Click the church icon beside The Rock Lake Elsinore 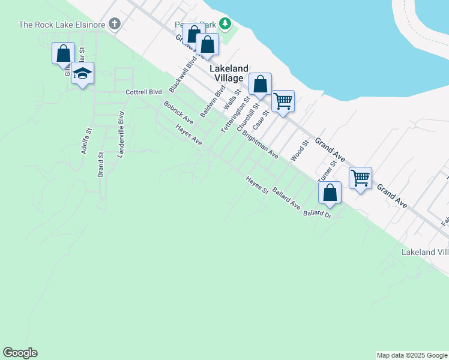(x=114, y=25)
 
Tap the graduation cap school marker (x=82, y=74)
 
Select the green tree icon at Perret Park (x=224, y=24)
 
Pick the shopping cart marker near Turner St (x=360, y=178)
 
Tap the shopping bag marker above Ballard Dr (x=330, y=192)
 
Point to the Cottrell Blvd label (x=144, y=92)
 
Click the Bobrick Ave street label (x=178, y=110)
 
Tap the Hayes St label (x=257, y=185)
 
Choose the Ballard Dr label (x=318, y=214)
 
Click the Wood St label (x=298, y=151)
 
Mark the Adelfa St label (x=86, y=142)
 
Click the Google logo (x=20, y=353)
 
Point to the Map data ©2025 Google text (x=412, y=355)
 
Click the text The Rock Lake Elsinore (x=62, y=25)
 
